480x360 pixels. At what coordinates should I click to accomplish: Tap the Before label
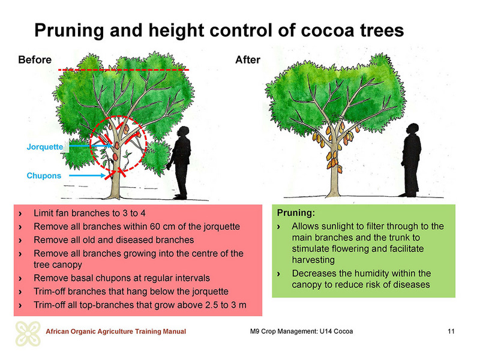coord(35,59)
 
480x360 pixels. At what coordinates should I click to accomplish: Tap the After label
coord(248,59)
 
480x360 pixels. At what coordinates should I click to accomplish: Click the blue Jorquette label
coord(44,147)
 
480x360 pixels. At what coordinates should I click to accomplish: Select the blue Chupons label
coord(44,176)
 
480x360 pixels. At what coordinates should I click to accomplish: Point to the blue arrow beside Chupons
coord(87,175)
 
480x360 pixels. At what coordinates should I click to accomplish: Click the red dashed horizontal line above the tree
coord(124,70)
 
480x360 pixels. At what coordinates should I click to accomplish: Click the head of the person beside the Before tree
coord(184,131)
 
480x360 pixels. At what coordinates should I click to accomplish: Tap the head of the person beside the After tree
coord(413,128)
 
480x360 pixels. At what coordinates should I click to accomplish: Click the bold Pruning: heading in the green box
coord(296,213)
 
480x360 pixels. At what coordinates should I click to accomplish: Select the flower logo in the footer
coord(28,334)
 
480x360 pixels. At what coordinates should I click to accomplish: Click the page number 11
coord(451,331)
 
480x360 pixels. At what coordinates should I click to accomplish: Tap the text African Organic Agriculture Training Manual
coord(116,331)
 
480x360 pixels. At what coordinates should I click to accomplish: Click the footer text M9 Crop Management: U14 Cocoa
coord(302,331)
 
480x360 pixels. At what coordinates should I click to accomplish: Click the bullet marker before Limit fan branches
coord(20,214)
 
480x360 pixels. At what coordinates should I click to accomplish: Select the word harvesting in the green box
coord(313,260)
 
